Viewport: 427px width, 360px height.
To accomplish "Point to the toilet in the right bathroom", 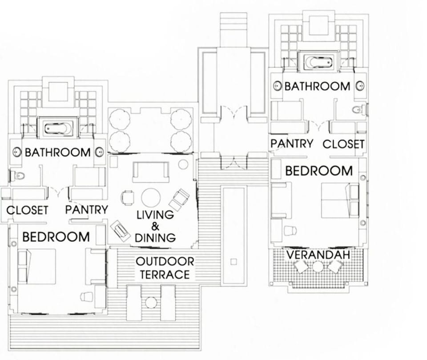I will pos(359,109).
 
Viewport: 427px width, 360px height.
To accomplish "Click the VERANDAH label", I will pos(318,255).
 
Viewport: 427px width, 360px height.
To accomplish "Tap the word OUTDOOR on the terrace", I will pos(165,261).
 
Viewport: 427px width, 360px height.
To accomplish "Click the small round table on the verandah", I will pos(318,267).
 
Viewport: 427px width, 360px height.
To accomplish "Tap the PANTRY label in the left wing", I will pos(86,210).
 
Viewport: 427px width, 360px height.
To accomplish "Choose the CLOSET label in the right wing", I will pos(343,144).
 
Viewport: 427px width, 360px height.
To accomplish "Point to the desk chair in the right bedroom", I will pos(290,230).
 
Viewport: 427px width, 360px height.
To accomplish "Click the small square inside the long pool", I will pos(234,260).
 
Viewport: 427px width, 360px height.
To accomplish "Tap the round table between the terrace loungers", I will pos(151,302).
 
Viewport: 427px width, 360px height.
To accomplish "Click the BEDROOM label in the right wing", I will pos(318,171).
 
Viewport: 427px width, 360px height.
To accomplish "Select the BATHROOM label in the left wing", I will pos(57,152).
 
